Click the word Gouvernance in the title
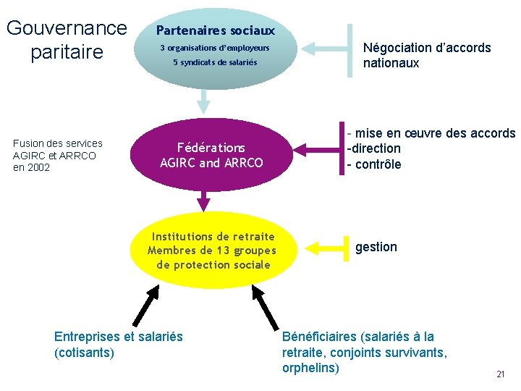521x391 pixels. click(x=67, y=28)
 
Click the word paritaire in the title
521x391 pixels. click(x=67, y=53)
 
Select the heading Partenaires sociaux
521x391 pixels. click(x=216, y=30)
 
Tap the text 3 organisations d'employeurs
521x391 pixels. click(x=215, y=48)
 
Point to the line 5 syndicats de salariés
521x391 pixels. click(x=215, y=62)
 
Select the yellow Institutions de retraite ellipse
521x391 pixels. click(x=212, y=251)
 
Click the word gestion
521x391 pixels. click(x=376, y=247)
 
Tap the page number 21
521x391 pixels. click(x=500, y=374)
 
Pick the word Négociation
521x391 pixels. click(x=396, y=48)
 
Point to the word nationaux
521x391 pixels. click(x=391, y=63)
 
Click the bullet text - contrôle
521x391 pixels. click(x=374, y=164)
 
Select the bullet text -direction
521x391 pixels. click(x=374, y=148)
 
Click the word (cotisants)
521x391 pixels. click(x=84, y=353)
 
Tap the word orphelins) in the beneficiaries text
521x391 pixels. click(x=310, y=368)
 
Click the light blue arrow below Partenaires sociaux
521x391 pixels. click(x=204, y=100)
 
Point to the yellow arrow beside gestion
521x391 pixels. click(x=326, y=247)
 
